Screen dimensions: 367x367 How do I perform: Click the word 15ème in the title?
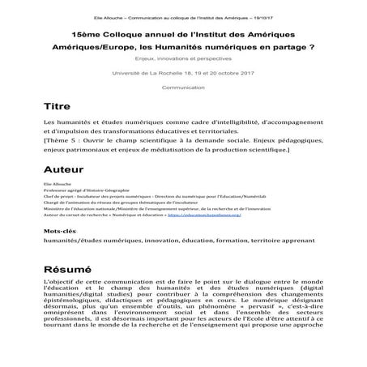[x=86, y=36]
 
